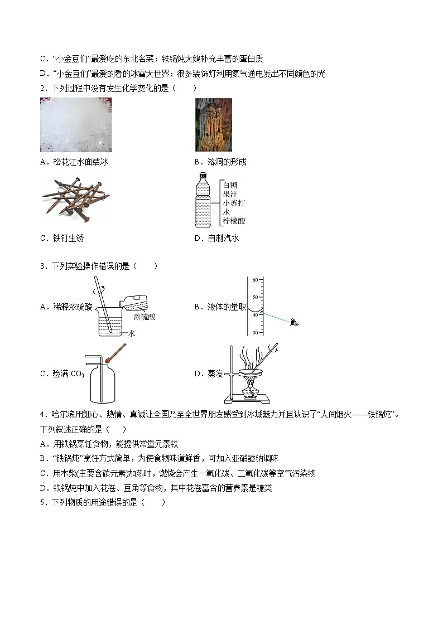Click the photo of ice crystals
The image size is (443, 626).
point(75,125)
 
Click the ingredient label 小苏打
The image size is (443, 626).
point(233,203)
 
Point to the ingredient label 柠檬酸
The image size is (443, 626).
point(233,221)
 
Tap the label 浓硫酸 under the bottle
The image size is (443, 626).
point(144,317)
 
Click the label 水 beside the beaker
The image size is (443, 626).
point(132,333)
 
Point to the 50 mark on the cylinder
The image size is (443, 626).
point(255,297)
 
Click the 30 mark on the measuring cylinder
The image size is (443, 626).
point(255,332)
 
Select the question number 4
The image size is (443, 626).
point(42,414)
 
